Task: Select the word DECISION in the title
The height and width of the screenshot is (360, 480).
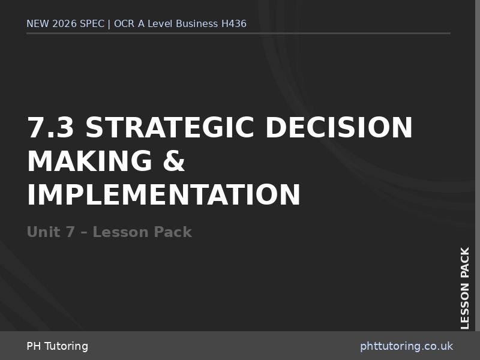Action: click(x=339, y=128)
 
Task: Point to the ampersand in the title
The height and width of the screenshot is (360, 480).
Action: click(x=172, y=161)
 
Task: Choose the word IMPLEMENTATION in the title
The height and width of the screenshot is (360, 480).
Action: click(x=164, y=195)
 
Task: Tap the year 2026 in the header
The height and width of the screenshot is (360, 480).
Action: click(x=64, y=24)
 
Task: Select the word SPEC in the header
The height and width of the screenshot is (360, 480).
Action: click(x=91, y=24)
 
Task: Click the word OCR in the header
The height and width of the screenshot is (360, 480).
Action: click(x=124, y=24)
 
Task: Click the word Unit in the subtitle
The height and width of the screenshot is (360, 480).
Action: click(x=43, y=232)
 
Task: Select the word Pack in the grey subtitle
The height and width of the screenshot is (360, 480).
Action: click(x=173, y=232)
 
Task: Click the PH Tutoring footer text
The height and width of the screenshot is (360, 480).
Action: click(x=57, y=346)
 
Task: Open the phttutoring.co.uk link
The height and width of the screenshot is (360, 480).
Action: click(x=406, y=346)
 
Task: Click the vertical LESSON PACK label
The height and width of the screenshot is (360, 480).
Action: click(x=465, y=288)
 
